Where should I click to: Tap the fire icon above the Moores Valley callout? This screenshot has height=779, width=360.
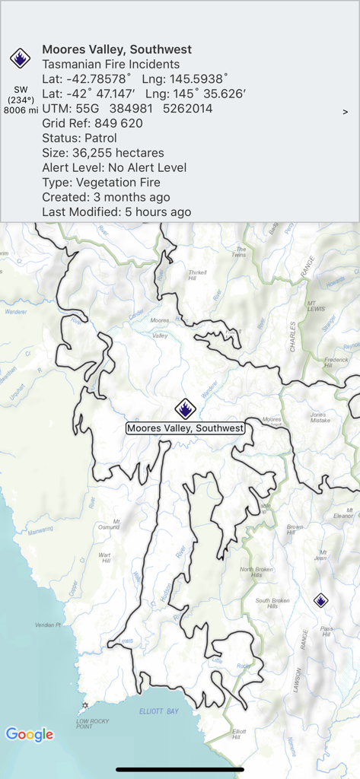point(185,409)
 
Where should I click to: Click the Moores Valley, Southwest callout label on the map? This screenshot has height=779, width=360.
point(185,428)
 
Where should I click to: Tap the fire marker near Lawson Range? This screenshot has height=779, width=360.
point(321,601)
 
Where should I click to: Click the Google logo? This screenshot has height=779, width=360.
point(30,734)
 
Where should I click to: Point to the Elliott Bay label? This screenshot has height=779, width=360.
point(158,711)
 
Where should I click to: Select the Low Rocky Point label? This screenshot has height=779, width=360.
point(92,723)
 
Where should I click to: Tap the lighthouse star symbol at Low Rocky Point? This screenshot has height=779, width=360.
point(85,705)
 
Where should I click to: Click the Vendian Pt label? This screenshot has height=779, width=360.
point(47,625)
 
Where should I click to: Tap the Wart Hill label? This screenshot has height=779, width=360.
point(105,558)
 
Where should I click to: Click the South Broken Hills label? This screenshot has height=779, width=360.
point(272,603)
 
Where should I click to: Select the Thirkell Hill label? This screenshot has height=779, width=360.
point(197,275)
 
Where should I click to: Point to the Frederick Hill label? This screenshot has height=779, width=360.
point(336,362)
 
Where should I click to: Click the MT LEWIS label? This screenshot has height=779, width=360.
point(317,307)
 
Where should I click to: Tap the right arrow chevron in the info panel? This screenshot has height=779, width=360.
point(346,112)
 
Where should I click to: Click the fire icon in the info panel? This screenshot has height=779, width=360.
point(19,57)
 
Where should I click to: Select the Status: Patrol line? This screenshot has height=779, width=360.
point(79,138)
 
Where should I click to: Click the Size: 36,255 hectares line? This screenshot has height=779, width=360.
point(104,153)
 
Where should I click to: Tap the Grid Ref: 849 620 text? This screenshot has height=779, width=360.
point(92,123)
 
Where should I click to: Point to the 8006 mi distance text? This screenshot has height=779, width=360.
point(21,110)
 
